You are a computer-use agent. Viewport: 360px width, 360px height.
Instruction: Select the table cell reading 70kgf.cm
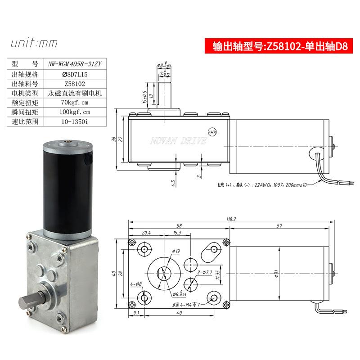click(76, 103)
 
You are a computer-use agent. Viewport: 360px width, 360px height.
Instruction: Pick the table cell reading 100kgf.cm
click(76, 112)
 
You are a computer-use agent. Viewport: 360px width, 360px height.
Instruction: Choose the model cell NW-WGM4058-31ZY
click(76, 64)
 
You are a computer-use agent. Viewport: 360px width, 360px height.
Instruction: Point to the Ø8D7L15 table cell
click(76, 74)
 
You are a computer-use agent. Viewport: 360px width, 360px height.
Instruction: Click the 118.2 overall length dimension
click(231, 220)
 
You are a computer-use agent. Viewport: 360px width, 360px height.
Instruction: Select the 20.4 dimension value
click(146, 233)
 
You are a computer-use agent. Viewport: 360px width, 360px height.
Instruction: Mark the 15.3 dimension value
click(177, 233)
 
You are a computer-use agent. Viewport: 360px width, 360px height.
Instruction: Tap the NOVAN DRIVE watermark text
click(178, 142)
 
